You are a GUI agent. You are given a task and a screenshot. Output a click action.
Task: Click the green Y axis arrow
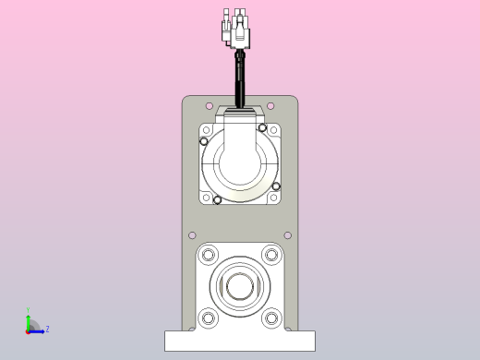pos(28,321)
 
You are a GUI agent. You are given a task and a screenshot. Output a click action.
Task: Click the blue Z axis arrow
pos(38,330)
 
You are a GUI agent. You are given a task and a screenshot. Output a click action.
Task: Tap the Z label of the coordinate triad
pos(47,329)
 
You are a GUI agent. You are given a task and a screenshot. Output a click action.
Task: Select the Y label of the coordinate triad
pos(28,310)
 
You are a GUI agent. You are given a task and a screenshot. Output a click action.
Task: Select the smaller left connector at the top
pos(226,30)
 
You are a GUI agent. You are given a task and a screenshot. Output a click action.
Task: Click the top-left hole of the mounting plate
pos(209,105)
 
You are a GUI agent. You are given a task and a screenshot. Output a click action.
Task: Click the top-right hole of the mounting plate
pos(270,105)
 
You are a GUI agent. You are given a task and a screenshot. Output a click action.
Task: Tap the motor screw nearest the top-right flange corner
pos(263,127)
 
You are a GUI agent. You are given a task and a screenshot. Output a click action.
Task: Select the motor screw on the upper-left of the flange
pos(204,141)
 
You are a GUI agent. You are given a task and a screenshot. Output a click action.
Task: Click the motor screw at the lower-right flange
pos(276,186)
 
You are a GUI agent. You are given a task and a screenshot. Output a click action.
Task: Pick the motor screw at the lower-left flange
pos(217,199)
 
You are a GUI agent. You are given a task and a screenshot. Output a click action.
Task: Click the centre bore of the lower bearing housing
pos(239,286)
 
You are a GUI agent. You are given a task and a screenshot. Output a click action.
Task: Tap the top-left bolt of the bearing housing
pos(209,254)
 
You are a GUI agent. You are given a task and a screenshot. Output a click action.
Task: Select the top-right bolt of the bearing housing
pos(270,254)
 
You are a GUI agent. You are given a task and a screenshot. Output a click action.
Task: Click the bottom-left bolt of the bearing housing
pos(209,318)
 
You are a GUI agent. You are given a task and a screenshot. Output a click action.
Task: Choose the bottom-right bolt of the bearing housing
pos(270,318)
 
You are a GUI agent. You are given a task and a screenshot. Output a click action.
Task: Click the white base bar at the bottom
pos(239,341)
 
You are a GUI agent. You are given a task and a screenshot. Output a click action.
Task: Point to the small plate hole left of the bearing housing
pos(192,235)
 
